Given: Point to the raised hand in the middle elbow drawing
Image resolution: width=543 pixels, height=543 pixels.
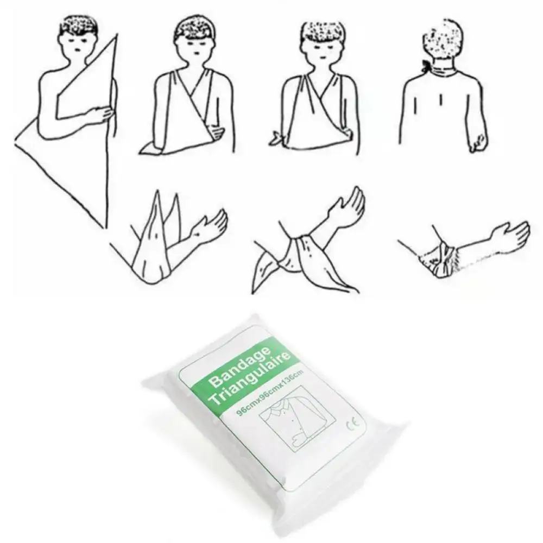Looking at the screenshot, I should [348, 204].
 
